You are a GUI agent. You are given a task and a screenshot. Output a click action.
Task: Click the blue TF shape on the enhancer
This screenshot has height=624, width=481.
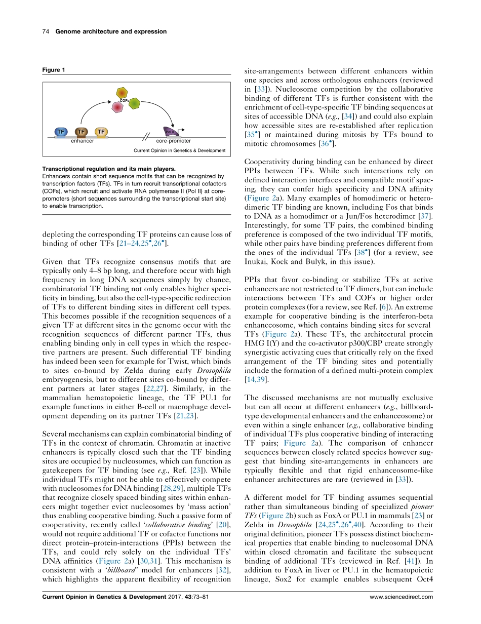61,132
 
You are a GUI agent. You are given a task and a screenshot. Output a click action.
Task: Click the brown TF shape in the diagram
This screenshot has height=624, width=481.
81,132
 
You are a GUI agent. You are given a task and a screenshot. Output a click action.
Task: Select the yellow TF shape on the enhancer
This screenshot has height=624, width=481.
101,132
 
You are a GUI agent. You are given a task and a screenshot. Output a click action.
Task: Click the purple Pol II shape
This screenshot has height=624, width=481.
170,131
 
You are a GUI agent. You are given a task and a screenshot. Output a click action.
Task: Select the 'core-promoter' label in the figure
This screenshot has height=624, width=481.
174,141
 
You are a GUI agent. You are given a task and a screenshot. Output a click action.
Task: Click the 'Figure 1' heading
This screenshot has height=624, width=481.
53,69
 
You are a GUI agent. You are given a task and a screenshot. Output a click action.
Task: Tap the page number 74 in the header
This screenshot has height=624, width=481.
45,31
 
